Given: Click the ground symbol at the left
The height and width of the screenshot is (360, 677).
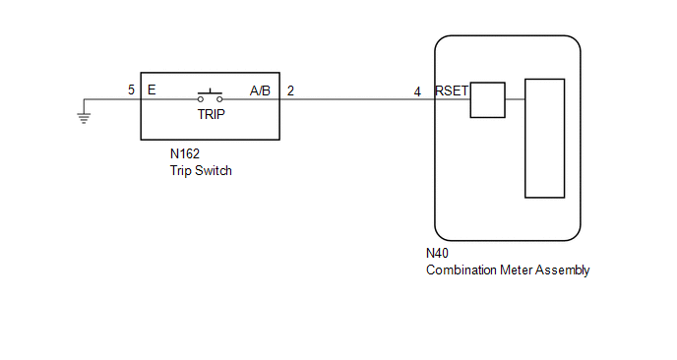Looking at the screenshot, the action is [84, 118].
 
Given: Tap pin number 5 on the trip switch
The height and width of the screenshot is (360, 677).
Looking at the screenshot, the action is [131, 90].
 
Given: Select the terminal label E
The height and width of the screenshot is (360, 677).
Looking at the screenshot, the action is [152, 90].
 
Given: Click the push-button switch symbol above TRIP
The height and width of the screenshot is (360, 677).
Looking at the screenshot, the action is [211, 95].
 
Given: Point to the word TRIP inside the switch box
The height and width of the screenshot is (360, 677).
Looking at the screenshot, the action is [212, 114].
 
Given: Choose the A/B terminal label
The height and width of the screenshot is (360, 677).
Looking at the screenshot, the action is [260, 90].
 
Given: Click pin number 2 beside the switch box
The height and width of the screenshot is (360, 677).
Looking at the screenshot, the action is [290, 90].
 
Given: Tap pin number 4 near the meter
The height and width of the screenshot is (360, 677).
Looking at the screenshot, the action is [417, 91].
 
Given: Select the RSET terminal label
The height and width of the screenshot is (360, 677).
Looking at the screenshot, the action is [452, 90].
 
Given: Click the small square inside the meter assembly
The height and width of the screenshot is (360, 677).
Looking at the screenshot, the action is [487, 99].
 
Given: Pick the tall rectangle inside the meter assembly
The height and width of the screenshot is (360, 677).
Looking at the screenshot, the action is [544, 138].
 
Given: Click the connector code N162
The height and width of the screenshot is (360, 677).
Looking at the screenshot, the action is [185, 153].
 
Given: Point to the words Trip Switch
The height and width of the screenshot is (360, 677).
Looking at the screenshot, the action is [201, 170].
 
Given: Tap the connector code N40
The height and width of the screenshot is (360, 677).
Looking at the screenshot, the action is [437, 253].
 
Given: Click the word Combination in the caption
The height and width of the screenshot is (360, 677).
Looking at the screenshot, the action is [462, 270].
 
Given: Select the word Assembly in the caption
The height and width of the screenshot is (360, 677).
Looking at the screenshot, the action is [562, 270].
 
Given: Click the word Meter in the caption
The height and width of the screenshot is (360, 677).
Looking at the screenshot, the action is [516, 270].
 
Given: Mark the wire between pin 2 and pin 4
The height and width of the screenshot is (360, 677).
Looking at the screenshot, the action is [357, 99].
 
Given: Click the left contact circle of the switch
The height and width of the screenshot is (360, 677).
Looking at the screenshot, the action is [201, 99].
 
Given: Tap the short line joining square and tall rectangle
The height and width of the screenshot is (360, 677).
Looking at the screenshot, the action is [515, 99].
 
